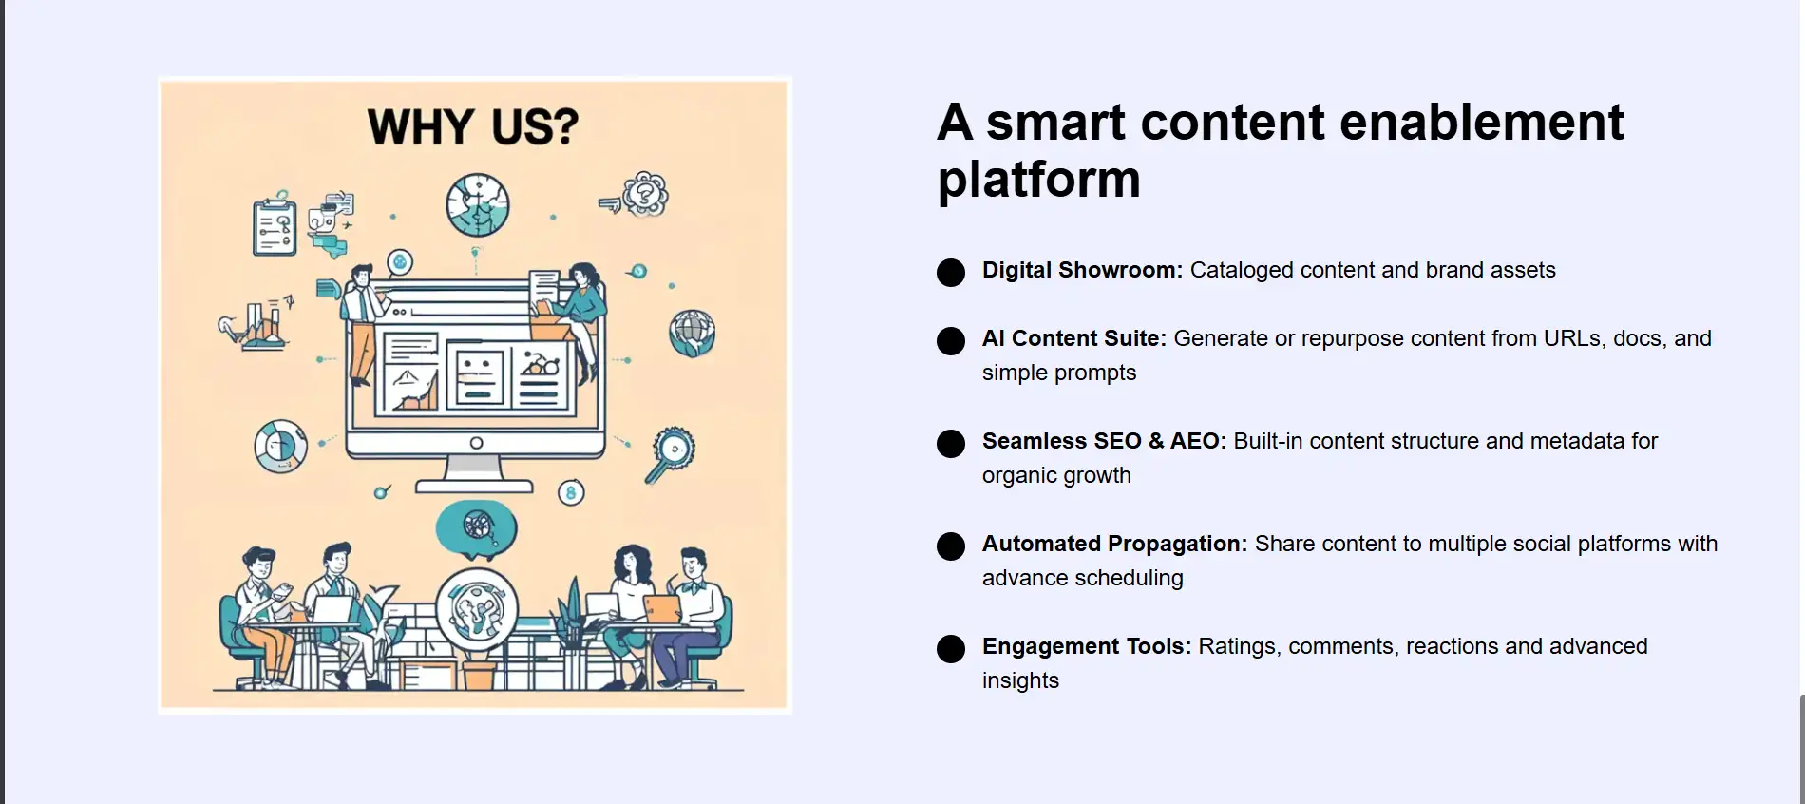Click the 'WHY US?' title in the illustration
point(473,127)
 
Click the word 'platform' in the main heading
point(1038,180)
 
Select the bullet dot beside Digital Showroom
point(951,273)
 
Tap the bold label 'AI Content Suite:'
point(1074,338)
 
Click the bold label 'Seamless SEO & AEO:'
point(1105,441)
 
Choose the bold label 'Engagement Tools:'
point(1087,646)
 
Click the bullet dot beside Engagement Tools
point(951,649)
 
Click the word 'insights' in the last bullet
point(1020,680)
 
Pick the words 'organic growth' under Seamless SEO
point(1056,475)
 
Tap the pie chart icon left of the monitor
point(281,447)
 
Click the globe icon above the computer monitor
point(478,205)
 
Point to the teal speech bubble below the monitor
point(476,528)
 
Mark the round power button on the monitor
point(476,443)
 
